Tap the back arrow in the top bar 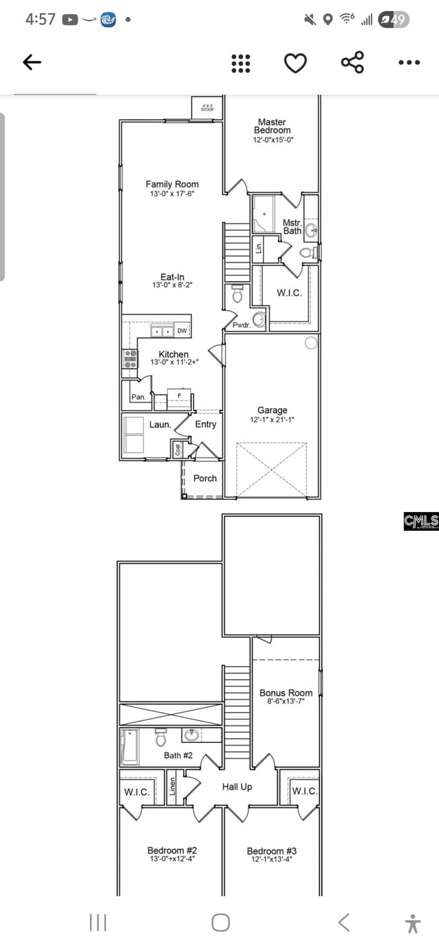(x=32, y=63)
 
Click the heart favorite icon (x=295, y=63)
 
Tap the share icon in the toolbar (x=353, y=63)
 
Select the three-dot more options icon (x=409, y=63)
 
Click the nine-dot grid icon (x=241, y=63)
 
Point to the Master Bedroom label (x=272, y=126)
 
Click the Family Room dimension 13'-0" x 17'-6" (x=172, y=194)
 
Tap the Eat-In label (x=172, y=276)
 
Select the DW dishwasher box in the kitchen (x=182, y=331)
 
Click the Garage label (x=272, y=410)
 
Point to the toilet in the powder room (x=237, y=294)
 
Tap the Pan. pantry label (x=138, y=397)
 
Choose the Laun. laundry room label (x=160, y=425)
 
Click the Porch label (x=205, y=478)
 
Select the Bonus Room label (x=286, y=693)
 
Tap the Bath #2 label (x=178, y=755)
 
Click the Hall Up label (x=237, y=787)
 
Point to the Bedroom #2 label (x=172, y=850)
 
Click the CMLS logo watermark (x=421, y=521)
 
